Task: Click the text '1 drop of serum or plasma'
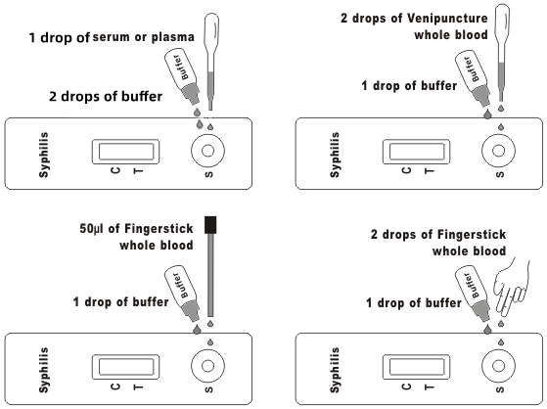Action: pyautogui.click(x=112, y=37)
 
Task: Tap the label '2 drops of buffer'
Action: pyautogui.click(x=106, y=96)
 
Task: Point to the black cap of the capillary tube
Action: pyautogui.click(x=210, y=225)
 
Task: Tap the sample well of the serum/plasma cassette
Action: pyautogui.click(x=207, y=151)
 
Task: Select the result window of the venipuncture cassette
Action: pyautogui.click(x=417, y=152)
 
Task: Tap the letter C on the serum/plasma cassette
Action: pyautogui.click(x=115, y=170)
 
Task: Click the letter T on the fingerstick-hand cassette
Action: pyautogui.click(x=430, y=386)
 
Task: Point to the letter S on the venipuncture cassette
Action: pyautogui.click(x=500, y=174)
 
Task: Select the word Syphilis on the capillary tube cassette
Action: pyautogui.click(x=44, y=370)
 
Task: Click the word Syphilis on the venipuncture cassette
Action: pyautogui.click(x=335, y=155)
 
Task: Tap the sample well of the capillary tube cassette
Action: pyautogui.click(x=207, y=366)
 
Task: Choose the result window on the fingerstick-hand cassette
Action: pyautogui.click(x=417, y=367)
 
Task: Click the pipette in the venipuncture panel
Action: pyautogui.click(x=502, y=52)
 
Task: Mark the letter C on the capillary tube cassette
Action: pyautogui.click(x=115, y=386)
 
